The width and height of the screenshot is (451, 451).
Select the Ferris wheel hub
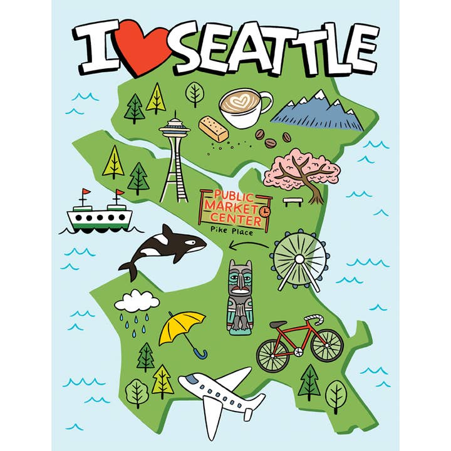point(299,258)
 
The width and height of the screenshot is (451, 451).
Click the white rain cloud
point(137,302)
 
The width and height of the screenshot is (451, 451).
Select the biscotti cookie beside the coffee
point(213,128)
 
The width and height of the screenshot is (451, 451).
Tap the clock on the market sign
point(265,212)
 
